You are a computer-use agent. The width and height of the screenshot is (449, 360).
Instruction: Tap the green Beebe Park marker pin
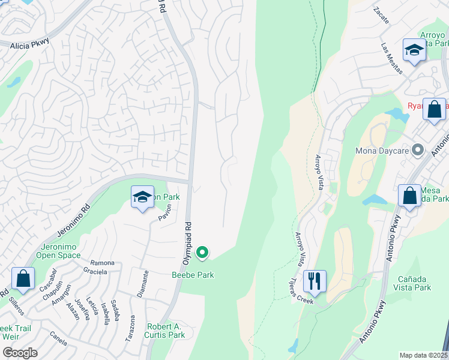[203, 254]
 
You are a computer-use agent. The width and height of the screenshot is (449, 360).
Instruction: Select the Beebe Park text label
[193, 275]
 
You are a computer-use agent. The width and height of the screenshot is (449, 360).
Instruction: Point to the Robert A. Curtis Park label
[165, 331]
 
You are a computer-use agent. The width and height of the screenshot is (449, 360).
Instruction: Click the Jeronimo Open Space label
[62, 251]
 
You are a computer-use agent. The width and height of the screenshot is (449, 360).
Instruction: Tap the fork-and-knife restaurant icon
[315, 280]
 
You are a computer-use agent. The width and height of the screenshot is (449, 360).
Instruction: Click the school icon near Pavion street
[142, 197]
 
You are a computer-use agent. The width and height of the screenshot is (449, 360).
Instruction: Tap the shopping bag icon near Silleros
[23, 278]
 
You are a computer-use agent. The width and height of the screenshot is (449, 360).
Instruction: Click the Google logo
[20, 353]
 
